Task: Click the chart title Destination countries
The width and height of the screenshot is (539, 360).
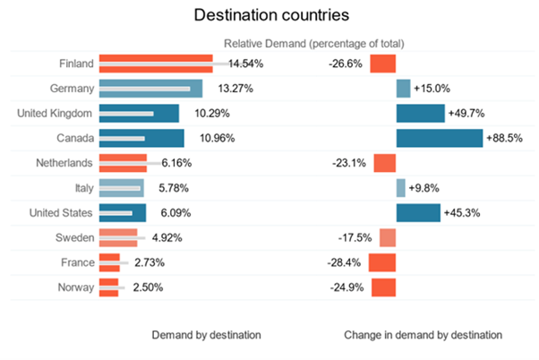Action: [x=269, y=15]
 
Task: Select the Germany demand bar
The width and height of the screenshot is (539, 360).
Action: [x=150, y=89]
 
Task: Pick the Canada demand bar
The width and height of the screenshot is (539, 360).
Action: [x=141, y=139]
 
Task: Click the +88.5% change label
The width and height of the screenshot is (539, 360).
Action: [x=504, y=139]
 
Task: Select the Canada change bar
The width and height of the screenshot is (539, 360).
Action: [x=439, y=139]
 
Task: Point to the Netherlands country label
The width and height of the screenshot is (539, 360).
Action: [x=64, y=164]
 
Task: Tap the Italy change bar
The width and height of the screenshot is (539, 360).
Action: [x=400, y=188]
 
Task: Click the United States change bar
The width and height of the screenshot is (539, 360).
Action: [x=418, y=213]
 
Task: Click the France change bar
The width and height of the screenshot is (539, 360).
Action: [x=382, y=262]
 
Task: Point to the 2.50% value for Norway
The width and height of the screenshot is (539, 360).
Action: [x=145, y=287]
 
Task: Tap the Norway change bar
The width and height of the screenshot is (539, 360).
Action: [x=383, y=287]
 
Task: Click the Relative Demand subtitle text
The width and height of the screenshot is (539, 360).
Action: [x=313, y=43]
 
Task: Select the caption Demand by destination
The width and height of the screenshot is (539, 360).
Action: [x=206, y=335]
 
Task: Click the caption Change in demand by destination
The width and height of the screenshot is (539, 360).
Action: [x=423, y=335]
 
